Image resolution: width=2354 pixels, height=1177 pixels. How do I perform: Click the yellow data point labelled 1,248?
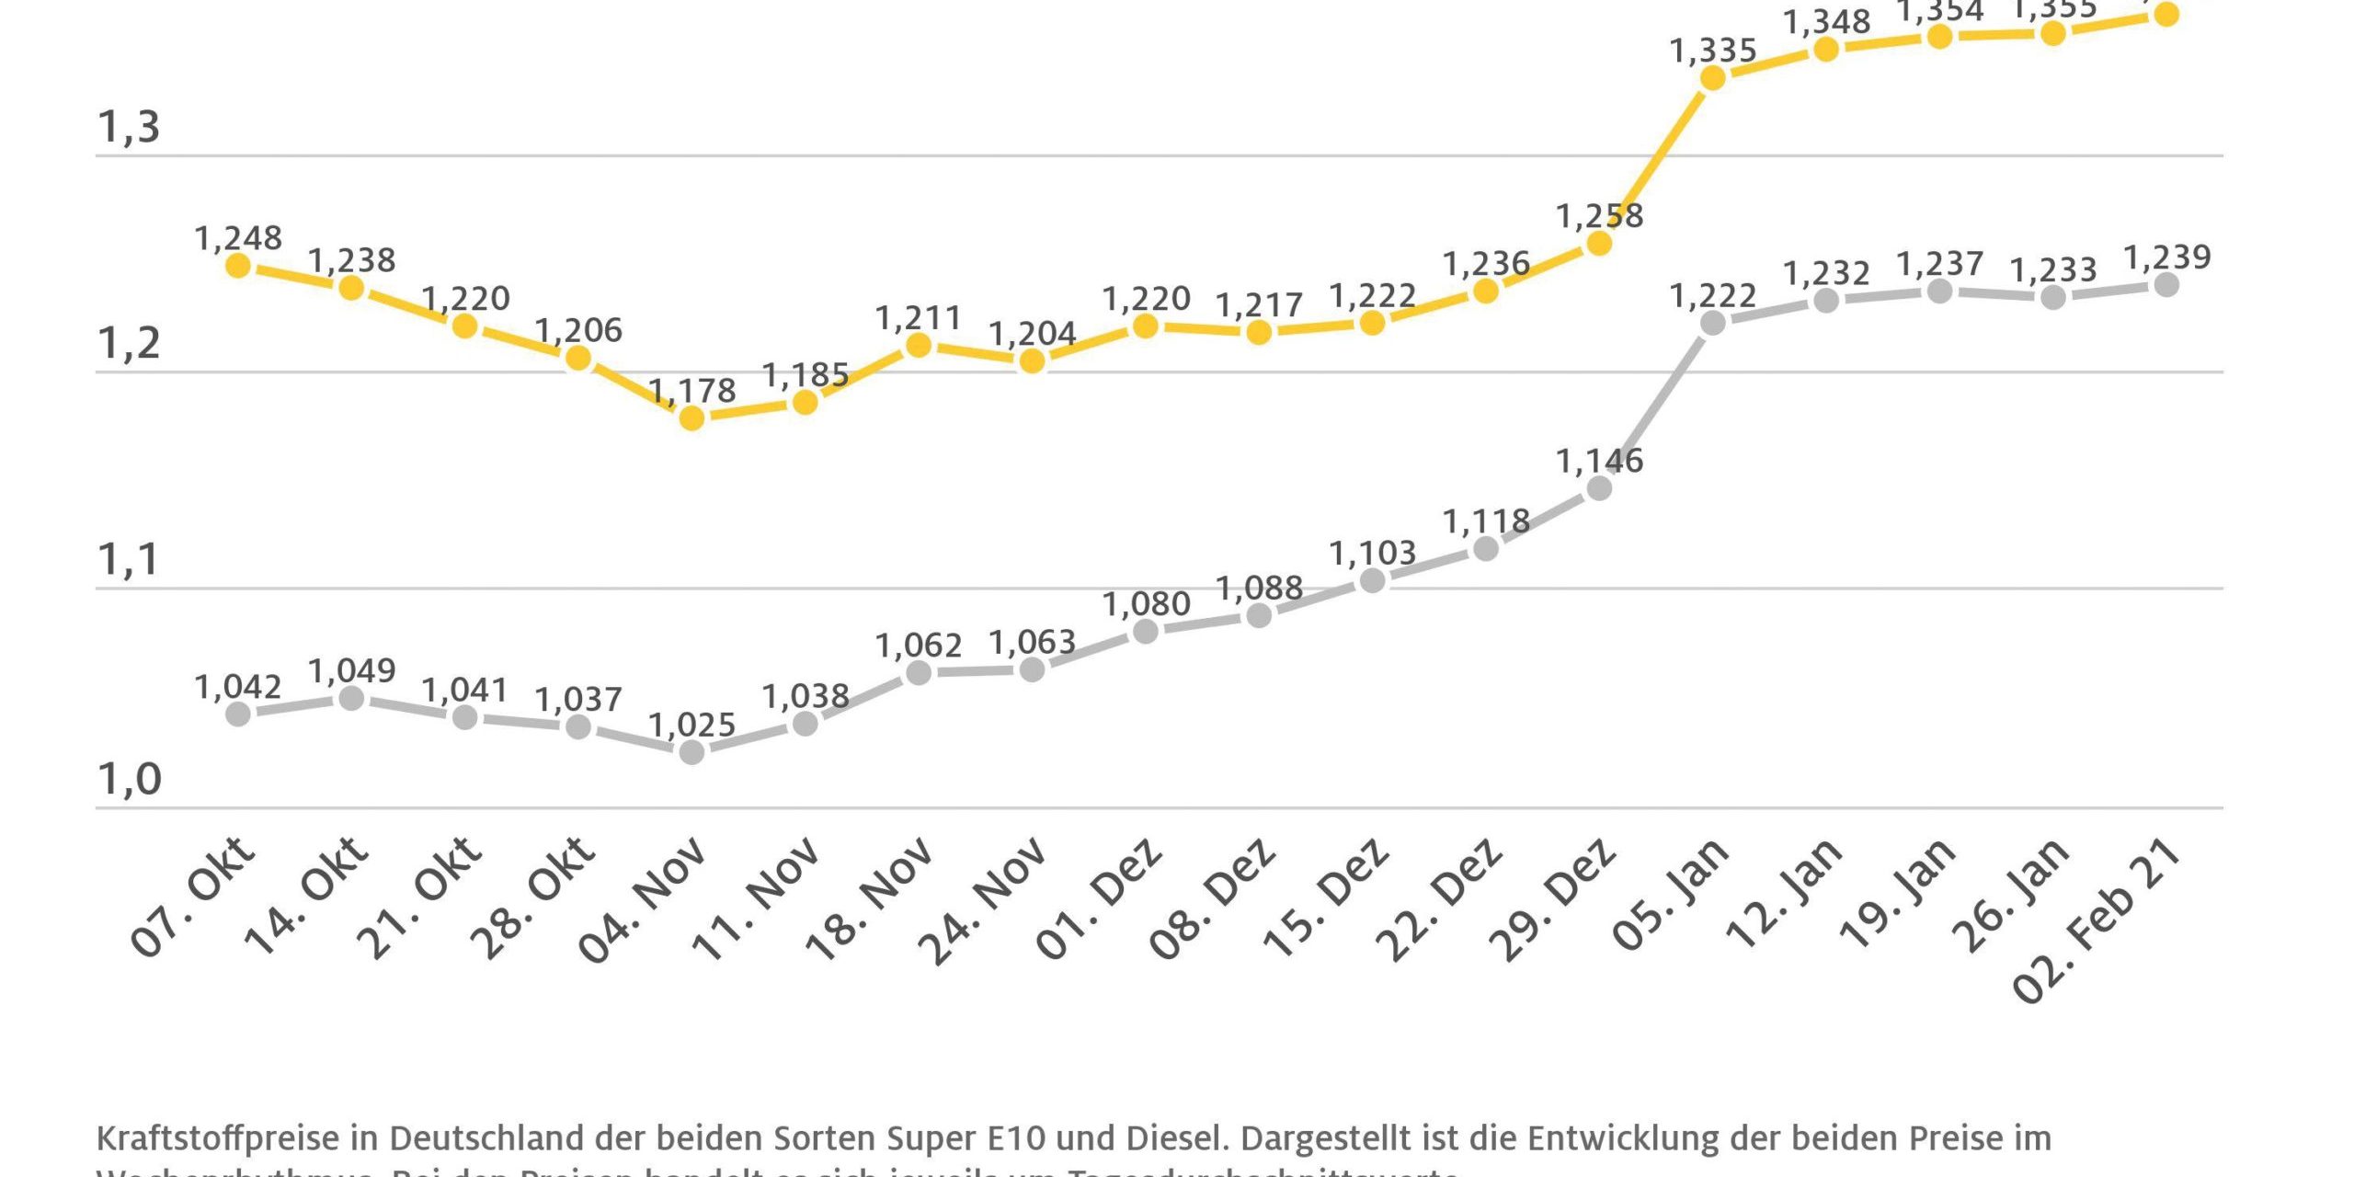click(x=238, y=266)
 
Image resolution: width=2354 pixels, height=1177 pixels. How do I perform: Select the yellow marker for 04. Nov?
click(x=691, y=418)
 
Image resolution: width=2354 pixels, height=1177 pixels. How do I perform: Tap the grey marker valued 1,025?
click(x=691, y=752)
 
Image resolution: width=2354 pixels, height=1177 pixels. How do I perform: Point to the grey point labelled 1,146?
click(x=1599, y=488)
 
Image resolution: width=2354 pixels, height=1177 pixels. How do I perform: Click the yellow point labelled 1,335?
click(x=1712, y=79)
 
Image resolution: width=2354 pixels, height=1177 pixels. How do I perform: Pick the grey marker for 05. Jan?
click(x=1712, y=323)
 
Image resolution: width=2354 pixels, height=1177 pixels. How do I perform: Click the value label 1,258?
click(x=1599, y=216)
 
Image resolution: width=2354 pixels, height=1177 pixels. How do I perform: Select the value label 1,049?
click(x=351, y=671)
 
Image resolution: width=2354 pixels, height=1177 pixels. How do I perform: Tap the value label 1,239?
click(x=2166, y=257)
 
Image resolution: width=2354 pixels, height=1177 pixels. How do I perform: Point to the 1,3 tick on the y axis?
click(x=129, y=127)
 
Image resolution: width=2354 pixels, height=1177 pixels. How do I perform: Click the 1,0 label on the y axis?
click(x=129, y=779)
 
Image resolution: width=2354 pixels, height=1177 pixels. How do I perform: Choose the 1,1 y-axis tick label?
click(x=129, y=559)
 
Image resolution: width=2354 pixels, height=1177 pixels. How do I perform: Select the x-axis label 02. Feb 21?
click(x=2097, y=920)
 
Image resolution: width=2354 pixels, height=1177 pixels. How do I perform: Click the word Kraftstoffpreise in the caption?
click(x=219, y=1138)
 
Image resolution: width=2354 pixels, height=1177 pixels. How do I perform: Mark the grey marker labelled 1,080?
click(x=1146, y=632)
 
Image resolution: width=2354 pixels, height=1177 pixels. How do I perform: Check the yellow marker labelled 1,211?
click(x=919, y=346)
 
